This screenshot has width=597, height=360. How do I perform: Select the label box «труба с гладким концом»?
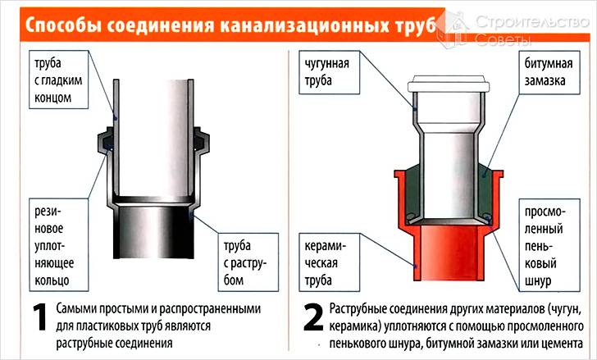[x=59, y=80]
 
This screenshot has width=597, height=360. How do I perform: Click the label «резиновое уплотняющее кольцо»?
[x=59, y=244]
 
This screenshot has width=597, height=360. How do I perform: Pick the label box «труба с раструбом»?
[x=248, y=262]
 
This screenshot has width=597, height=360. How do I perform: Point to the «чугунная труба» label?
[x=330, y=72]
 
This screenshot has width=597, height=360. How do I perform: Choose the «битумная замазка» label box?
[x=549, y=72]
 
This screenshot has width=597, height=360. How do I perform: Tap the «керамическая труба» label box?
[x=330, y=262]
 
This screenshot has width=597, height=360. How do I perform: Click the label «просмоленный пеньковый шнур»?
[x=549, y=245]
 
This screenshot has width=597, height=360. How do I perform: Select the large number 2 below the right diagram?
[x=313, y=317]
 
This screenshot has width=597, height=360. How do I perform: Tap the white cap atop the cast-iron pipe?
[x=449, y=84]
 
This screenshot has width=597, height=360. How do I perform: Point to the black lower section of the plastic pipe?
[x=153, y=232]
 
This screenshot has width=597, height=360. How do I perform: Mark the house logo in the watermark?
[x=453, y=30]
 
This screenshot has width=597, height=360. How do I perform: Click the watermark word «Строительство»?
[x=532, y=22]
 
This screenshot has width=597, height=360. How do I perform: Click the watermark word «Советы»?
[x=503, y=39]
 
